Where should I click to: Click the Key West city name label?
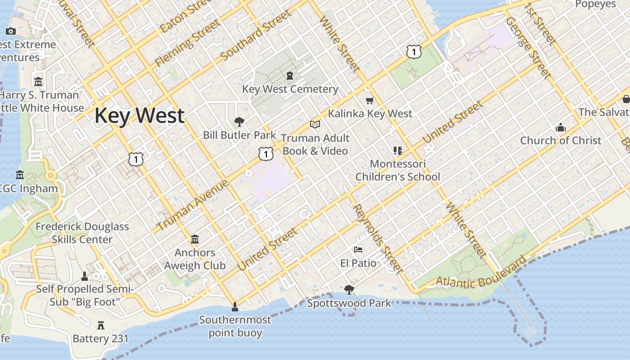(139, 116)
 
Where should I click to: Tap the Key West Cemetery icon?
(289, 76)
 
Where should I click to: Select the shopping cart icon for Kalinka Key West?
(370, 100)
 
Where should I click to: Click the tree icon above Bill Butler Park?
(239, 121)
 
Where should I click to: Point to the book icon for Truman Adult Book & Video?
(315, 124)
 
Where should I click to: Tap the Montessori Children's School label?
(398, 170)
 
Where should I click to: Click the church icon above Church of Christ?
(560, 127)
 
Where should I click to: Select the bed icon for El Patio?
(358, 249)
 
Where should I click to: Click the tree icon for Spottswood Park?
(349, 289)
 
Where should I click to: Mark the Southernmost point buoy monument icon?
(234, 307)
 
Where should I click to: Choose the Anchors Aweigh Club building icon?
(195, 239)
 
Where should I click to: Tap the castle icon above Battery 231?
(101, 325)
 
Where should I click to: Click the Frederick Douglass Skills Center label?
(82, 233)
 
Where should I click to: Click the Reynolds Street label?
(378, 238)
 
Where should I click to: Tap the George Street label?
(527, 47)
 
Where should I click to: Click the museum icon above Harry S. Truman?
(38, 82)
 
